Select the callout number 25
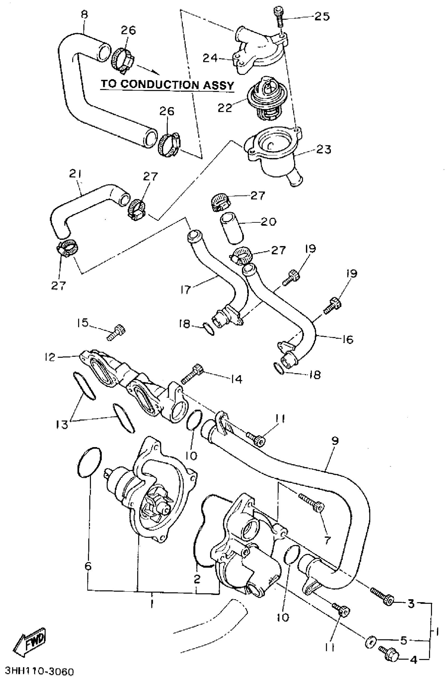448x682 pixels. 322,16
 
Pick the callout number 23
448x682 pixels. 324,149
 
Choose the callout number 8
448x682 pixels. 84,14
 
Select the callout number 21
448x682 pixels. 75,174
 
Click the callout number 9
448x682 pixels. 335,441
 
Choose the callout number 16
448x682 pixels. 347,340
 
